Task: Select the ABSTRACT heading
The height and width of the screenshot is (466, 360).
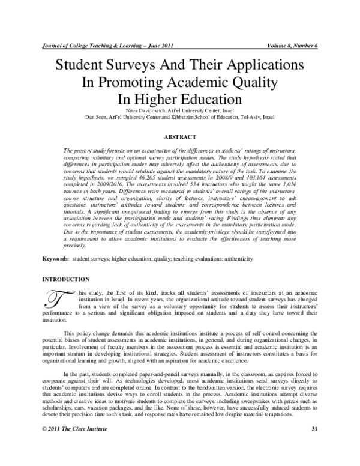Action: coord(180,137)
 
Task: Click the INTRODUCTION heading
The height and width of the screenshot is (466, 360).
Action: coord(65,279)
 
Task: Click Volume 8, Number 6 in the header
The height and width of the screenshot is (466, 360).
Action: coord(291,46)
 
